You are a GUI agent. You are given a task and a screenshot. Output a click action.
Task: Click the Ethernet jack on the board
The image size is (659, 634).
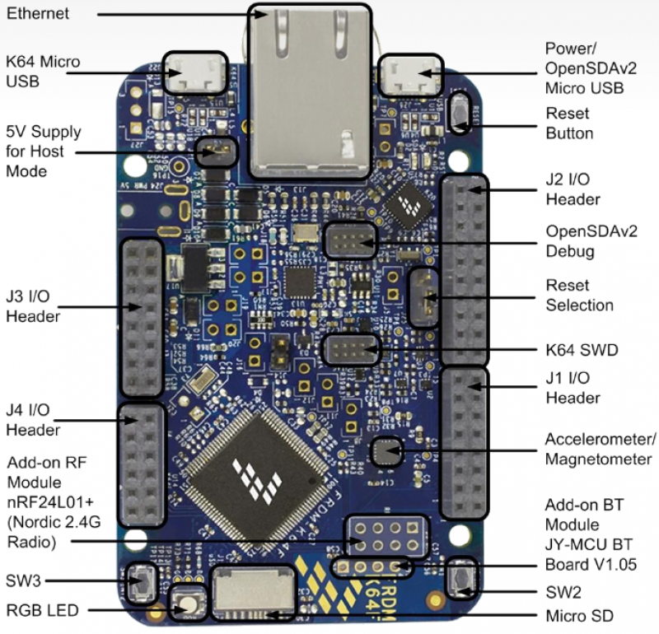tap(309, 91)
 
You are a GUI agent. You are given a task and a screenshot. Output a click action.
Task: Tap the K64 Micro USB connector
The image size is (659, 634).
tap(194, 73)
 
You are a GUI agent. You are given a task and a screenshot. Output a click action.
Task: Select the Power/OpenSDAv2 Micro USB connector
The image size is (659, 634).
tap(410, 77)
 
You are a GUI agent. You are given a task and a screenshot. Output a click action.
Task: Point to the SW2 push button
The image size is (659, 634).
tap(463, 579)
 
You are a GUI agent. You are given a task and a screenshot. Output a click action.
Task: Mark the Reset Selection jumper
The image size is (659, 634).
tap(423, 297)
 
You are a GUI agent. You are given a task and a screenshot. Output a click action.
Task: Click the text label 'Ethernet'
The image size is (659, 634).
tap(39, 14)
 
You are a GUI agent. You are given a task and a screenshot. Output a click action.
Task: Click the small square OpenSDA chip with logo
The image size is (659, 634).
tap(410, 203)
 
